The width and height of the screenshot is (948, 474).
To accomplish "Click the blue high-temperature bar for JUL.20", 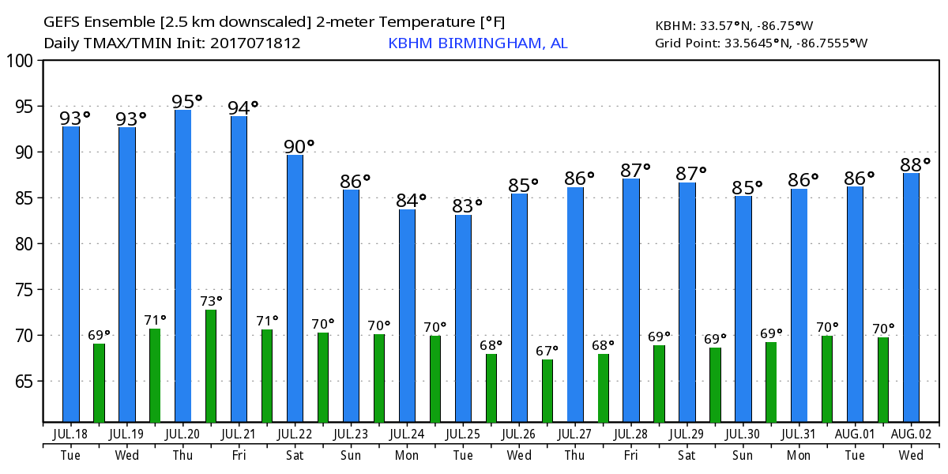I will click(x=182, y=265).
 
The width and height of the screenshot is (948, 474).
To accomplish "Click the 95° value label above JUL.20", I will click(x=187, y=101).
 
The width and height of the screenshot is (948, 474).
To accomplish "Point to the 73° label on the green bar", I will click(x=211, y=301).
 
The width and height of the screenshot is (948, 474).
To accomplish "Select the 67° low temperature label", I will click(x=547, y=350).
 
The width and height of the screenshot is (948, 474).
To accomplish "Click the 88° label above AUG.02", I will click(x=916, y=165).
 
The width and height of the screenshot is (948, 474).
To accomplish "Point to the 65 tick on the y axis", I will click(x=24, y=382).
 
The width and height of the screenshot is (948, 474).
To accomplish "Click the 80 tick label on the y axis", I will click(x=24, y=244).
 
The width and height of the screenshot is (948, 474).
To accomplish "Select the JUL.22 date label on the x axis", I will click(x=295, y=434).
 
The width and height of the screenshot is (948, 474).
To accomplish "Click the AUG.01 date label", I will click(x=855, y=434).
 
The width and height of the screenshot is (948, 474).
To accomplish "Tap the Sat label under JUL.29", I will click(x=687, y=457).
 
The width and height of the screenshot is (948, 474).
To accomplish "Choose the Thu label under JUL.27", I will click(x=575, y=457).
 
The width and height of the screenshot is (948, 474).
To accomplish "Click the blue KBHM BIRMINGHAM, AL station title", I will click(x=477, y=43).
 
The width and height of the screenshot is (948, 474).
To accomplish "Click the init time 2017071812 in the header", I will click(x=255, y=43).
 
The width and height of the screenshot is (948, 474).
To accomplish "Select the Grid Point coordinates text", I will click(x=761, y=43).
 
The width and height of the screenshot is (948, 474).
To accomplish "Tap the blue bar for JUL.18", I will click(x=71, y=273).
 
